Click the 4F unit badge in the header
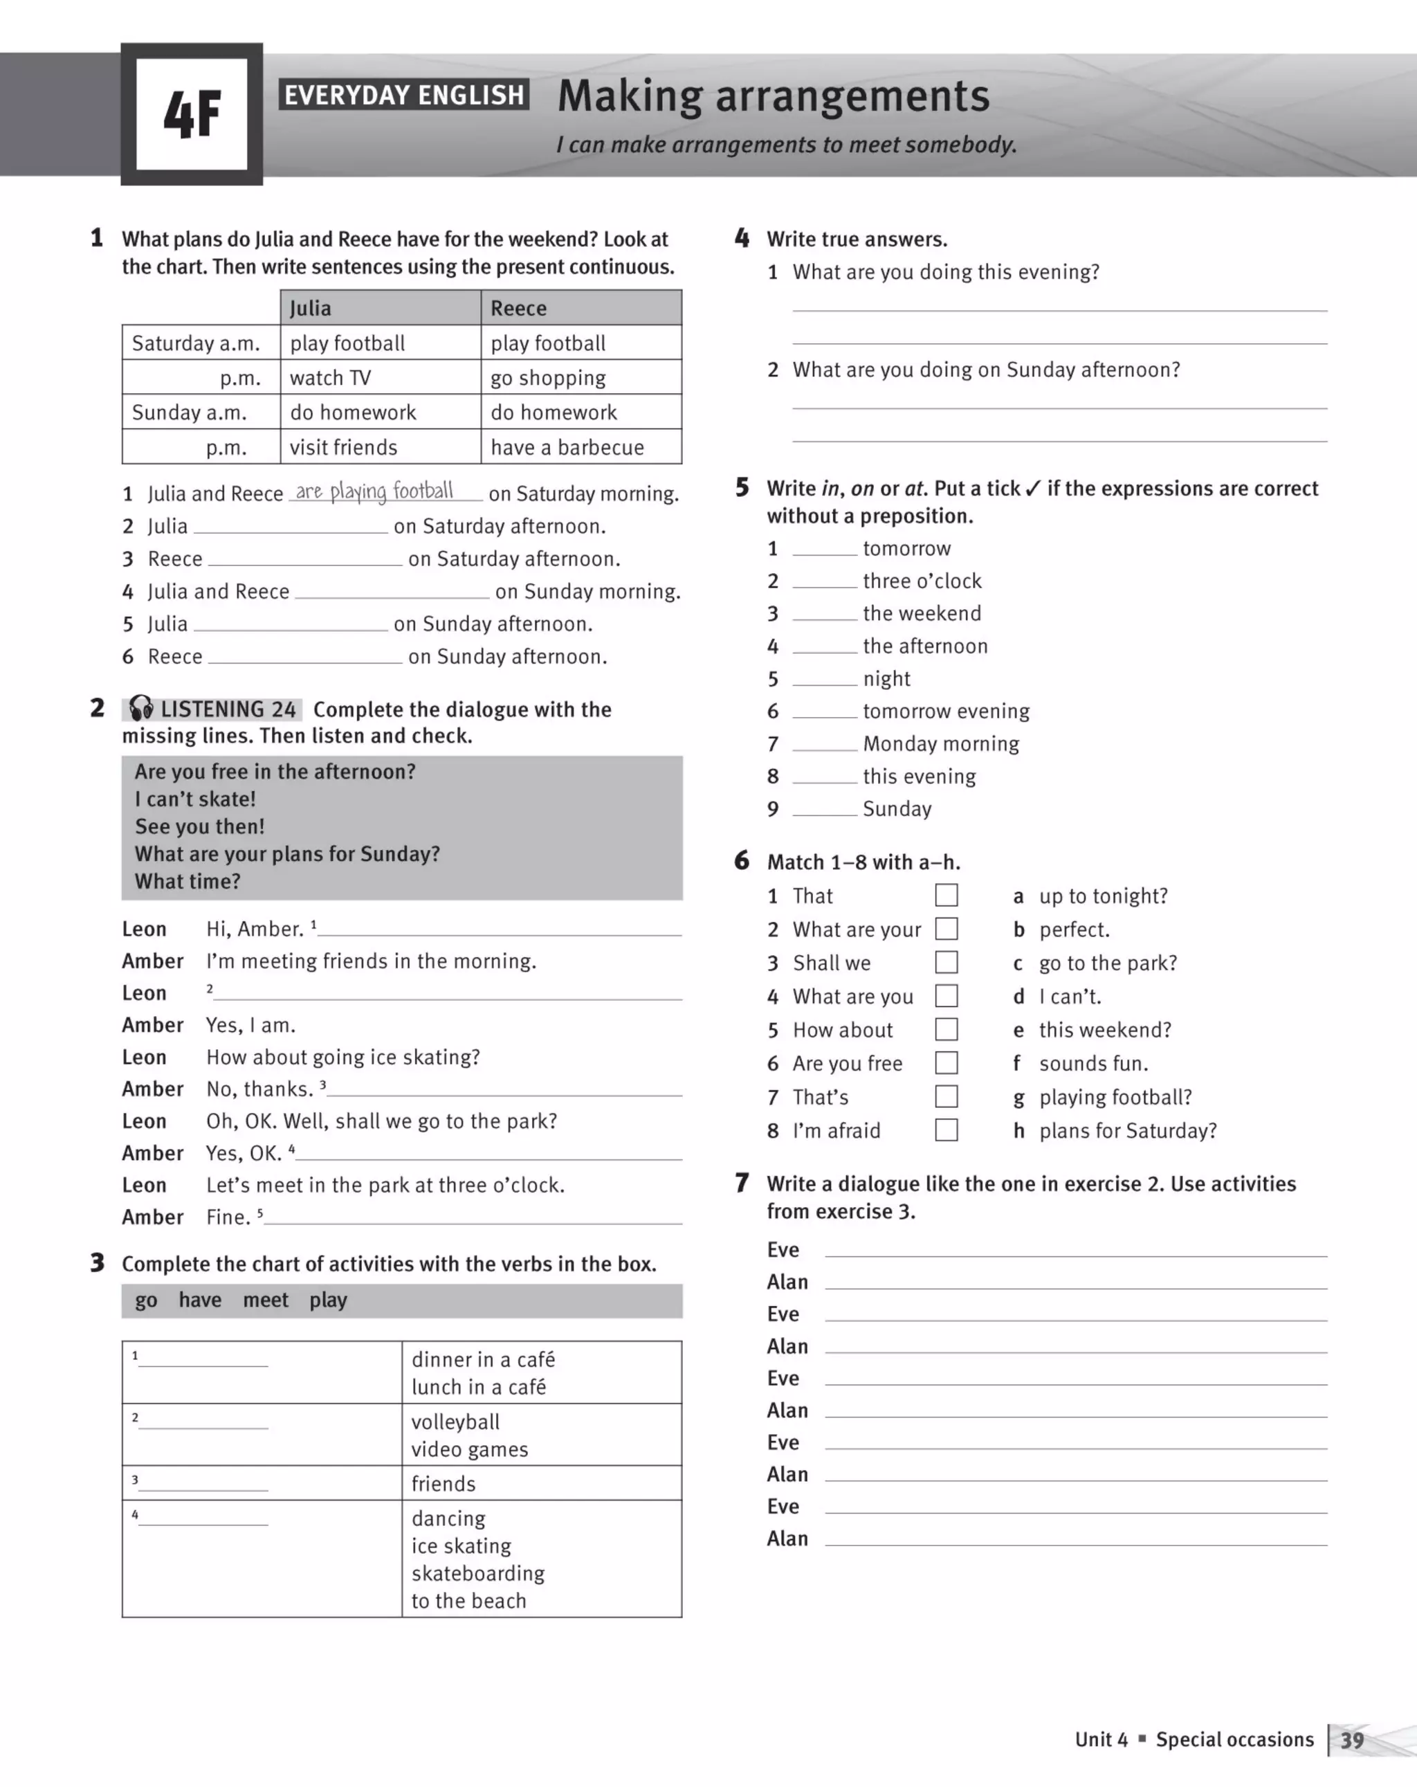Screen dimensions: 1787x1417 click(192, 114)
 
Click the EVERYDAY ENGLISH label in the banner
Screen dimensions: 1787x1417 click(403, 96)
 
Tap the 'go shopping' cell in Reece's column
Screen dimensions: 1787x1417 click(548, 378)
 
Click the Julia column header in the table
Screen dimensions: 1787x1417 click(311, 309)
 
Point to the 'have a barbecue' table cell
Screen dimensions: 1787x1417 click(567, 448)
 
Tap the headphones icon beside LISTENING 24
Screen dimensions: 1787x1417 click(141, 708)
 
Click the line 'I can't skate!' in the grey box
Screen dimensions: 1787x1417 click(196, 799)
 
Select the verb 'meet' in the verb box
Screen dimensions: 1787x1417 click(265, 1300)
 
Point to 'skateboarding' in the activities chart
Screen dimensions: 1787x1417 click(478, 1573)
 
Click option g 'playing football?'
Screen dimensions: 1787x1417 click(1115, 1098)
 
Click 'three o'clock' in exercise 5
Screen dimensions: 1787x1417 click(922, 581)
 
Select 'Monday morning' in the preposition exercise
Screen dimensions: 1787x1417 click(940, 743)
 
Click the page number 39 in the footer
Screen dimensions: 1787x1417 click(1353, 1740)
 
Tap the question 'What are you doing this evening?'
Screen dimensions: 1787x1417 click(946, 272)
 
